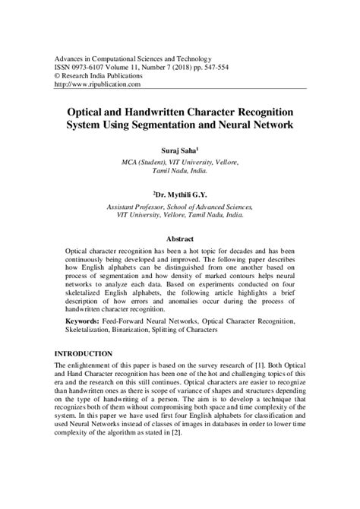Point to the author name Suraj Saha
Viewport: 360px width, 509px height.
[179, 151]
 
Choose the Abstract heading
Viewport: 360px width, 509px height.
[179, 239]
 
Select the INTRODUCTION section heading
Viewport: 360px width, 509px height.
[84, 354]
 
